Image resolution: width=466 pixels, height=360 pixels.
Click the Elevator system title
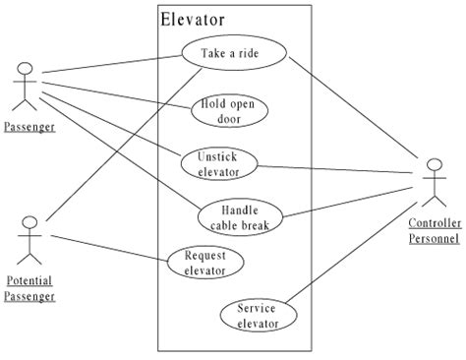(192, 19)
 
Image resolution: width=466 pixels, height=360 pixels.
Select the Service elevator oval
(257, 315)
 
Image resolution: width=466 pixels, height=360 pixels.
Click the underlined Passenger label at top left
(28, 127)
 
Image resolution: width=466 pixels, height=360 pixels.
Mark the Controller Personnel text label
(433, 230)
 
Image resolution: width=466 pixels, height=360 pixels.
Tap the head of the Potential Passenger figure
(30, 221)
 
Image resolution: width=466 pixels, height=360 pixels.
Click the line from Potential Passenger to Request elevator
(108, 250)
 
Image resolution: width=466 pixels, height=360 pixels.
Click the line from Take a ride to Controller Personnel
(349, 108)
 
